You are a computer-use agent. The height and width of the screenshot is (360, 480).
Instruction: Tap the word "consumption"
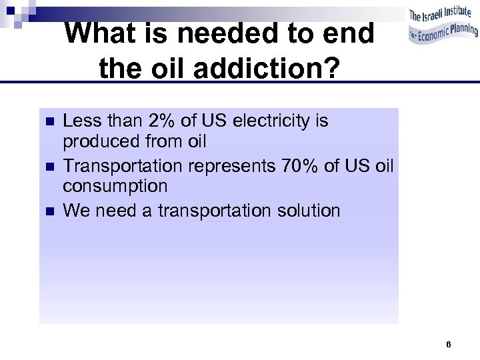(x=115, y=187)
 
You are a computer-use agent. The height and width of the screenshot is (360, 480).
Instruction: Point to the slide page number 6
(x=449, y=345)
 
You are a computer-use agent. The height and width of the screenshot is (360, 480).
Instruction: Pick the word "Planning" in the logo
(x=459, y=31)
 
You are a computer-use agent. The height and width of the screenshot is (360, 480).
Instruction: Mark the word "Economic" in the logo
(x=431, y=36)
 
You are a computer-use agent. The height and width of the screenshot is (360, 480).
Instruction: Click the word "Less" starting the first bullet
(x=78, y=121)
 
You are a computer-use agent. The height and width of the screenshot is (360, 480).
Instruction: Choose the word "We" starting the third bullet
(x=76, y=211)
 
